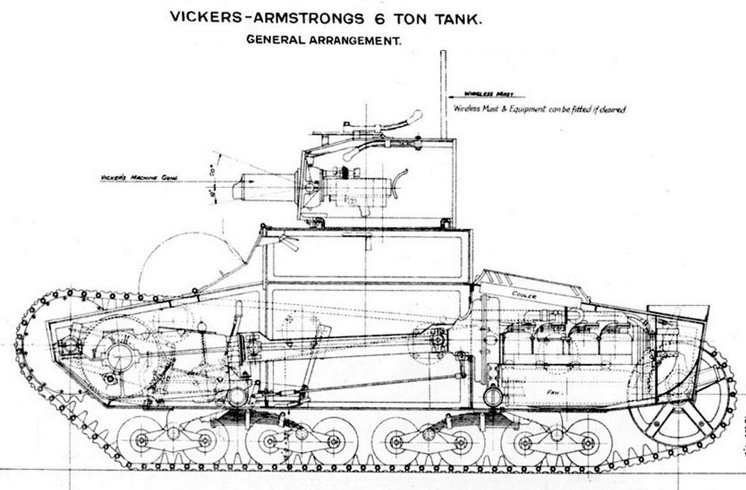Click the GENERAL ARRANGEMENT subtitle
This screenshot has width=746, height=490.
click(323, 40)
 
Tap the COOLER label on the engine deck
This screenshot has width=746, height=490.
click(524, 293)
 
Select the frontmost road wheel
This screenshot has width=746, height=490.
click(141, 441)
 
